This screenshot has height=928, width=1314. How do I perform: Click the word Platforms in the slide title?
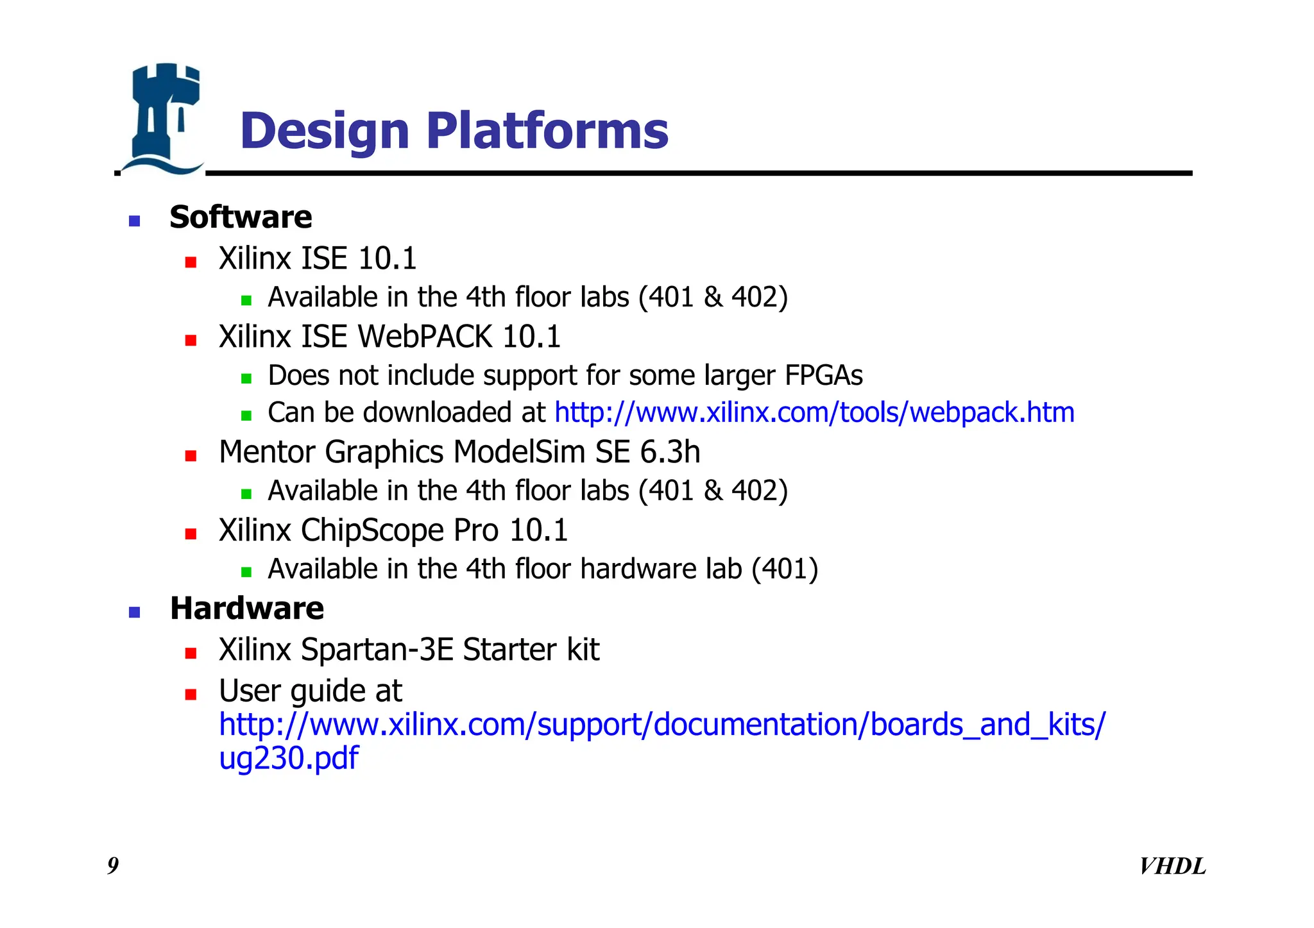point(547,131)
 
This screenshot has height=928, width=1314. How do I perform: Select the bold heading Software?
point(241,217)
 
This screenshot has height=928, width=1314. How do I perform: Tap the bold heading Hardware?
point(247,609)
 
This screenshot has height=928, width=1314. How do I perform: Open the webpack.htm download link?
point(814,412)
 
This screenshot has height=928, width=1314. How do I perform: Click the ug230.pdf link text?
point(289,759)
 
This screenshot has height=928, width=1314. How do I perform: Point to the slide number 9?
point(113,866)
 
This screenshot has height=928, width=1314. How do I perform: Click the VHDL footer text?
point(1172,866)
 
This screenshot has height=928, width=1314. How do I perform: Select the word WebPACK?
point(424,337)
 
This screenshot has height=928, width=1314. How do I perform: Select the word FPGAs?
point(824,376)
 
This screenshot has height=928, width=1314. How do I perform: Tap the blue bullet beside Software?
point(134,221)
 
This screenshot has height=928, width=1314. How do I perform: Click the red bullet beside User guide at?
point(191,695)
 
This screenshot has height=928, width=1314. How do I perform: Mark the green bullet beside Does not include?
point(246,378)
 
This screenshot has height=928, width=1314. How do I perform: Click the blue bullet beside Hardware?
point(134,612)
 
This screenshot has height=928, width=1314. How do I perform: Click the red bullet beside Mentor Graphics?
point(191,456)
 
